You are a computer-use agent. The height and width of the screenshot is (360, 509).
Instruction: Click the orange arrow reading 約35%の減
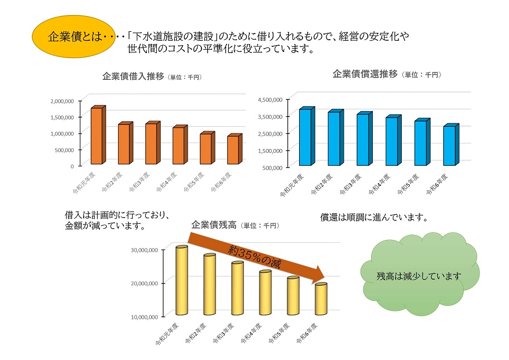click(257, 256)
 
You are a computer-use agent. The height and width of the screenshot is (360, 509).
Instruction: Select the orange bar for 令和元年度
click(97, 136)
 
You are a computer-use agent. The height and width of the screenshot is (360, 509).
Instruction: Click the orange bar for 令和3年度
click(151, 143)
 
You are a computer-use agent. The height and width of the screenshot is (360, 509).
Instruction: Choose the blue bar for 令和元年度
click(305, 137)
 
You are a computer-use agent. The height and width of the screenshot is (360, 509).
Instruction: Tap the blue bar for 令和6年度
click(449, 146)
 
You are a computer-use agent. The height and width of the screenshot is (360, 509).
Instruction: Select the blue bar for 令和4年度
click(392, 141)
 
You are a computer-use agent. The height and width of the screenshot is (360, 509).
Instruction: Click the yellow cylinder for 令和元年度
click(181, 280)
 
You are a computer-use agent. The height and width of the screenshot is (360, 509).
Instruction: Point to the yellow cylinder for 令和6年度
click(321, 299)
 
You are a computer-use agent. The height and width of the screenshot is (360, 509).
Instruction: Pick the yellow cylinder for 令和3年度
click(237, 288)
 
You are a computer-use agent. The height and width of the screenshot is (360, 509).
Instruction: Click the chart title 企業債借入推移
click(132, 76)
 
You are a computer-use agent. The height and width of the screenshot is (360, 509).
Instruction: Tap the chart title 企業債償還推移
click(364, 74)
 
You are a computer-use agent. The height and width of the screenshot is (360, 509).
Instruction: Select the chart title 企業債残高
click(214, 225)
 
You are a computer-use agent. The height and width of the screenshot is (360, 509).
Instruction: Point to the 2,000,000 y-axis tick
click(62, 101)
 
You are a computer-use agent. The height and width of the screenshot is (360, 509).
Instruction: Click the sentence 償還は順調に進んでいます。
click(374, 217)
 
